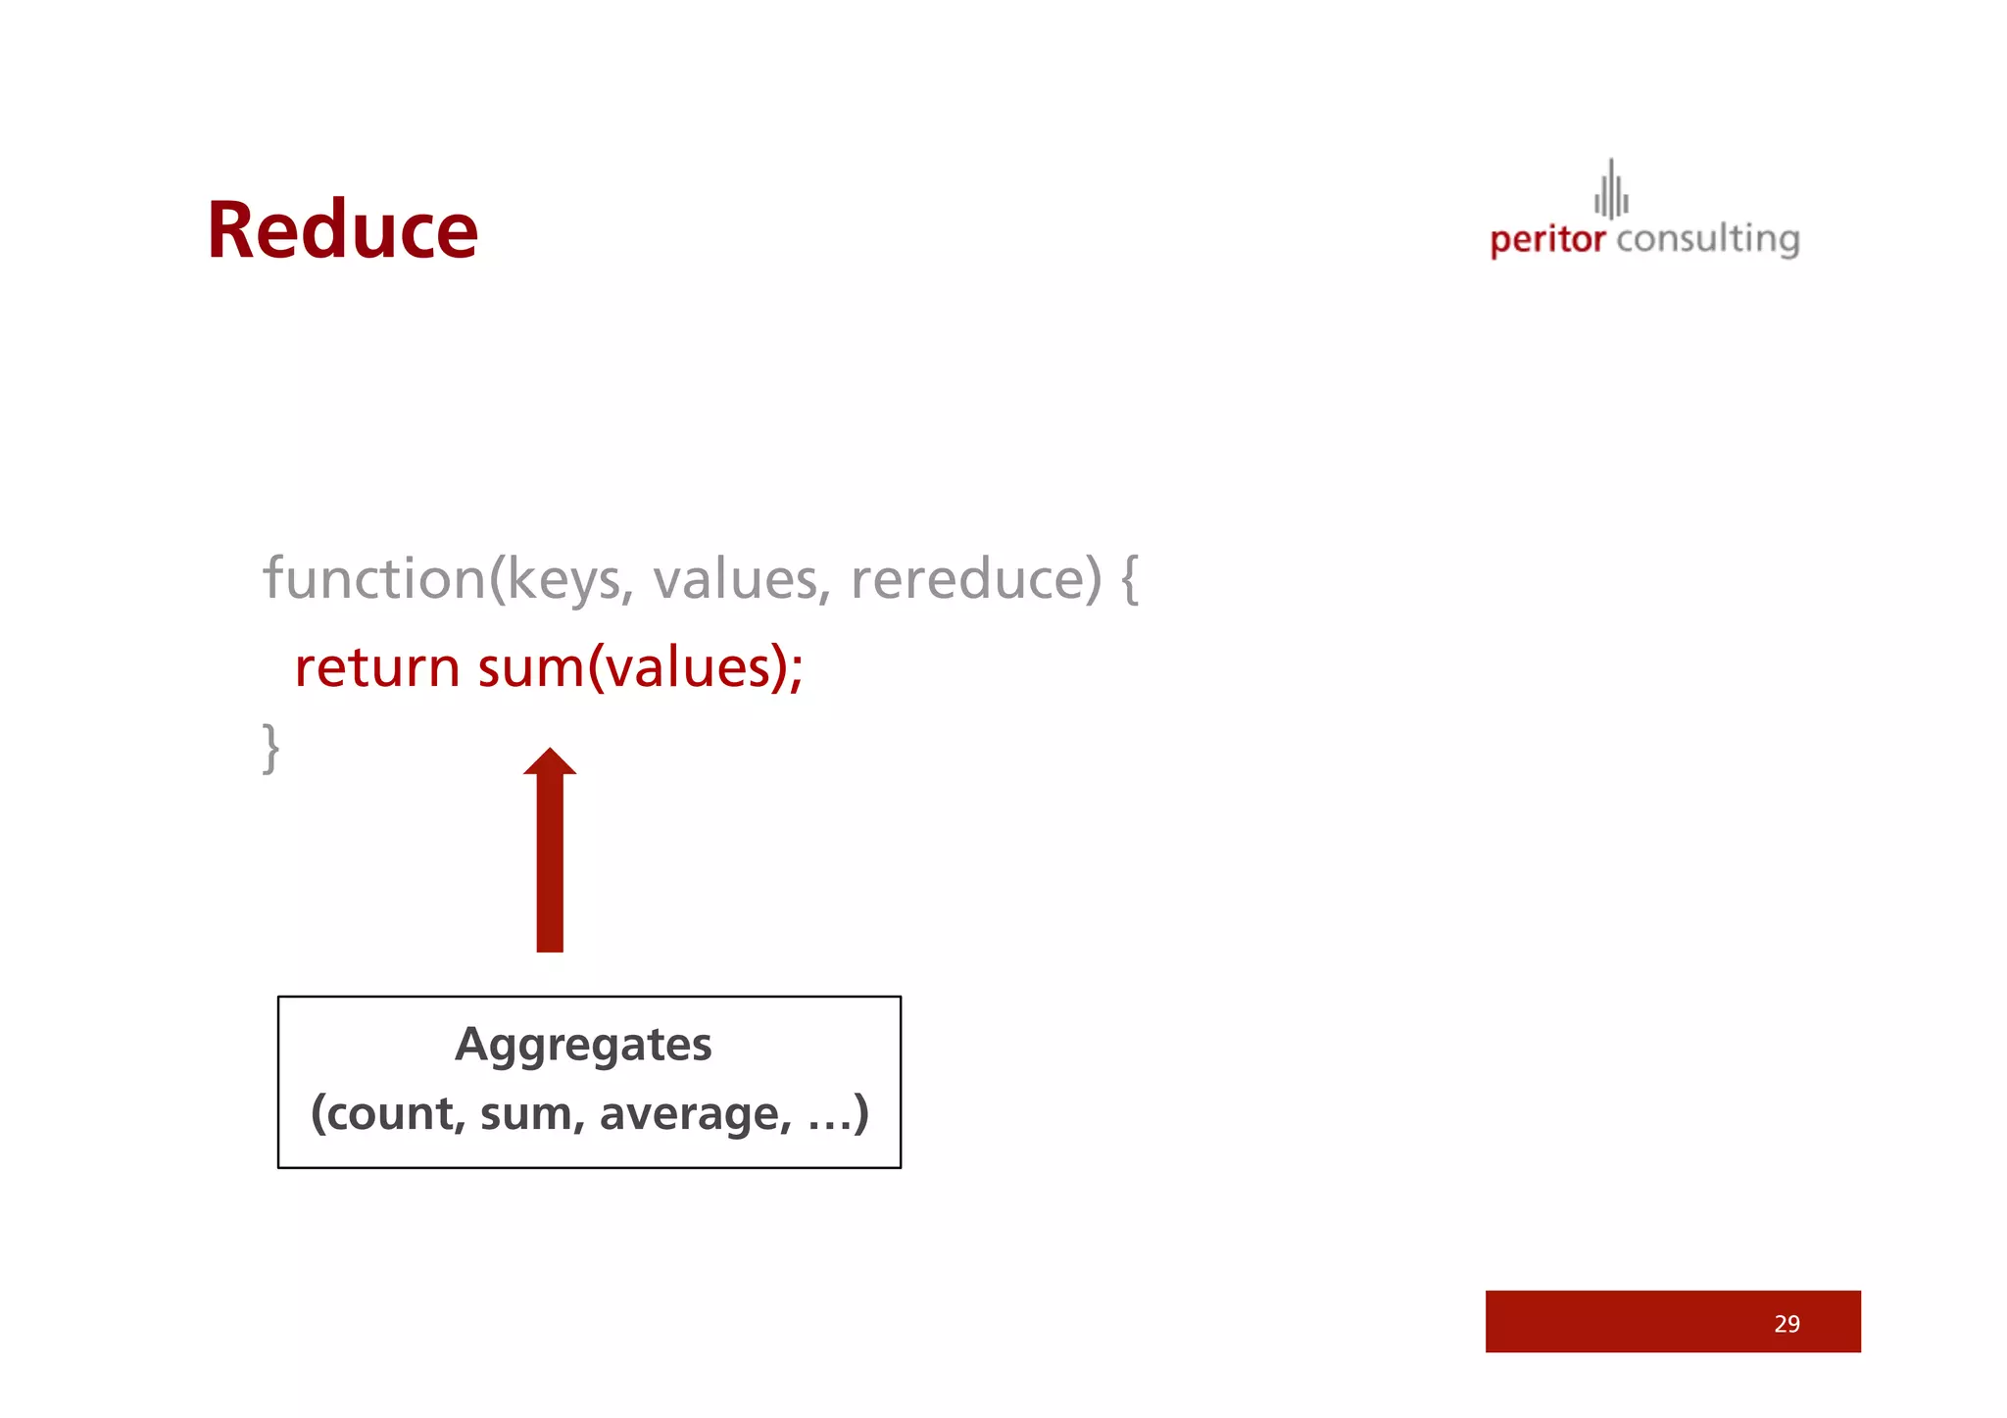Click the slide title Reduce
[x=342, y=230]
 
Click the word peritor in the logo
[x=1547, y=240]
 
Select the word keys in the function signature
[x=564, y=580]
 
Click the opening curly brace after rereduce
[x=1129, y=580]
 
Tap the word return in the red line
[x=377, y=668]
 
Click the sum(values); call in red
[x=640, y=668]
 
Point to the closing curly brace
[x=270, y=748]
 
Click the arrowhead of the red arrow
[x=550, y=761]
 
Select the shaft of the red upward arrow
[x=550, y=862]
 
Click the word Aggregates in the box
[x=583, y=1045]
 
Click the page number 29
[x=1787, y=1324]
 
